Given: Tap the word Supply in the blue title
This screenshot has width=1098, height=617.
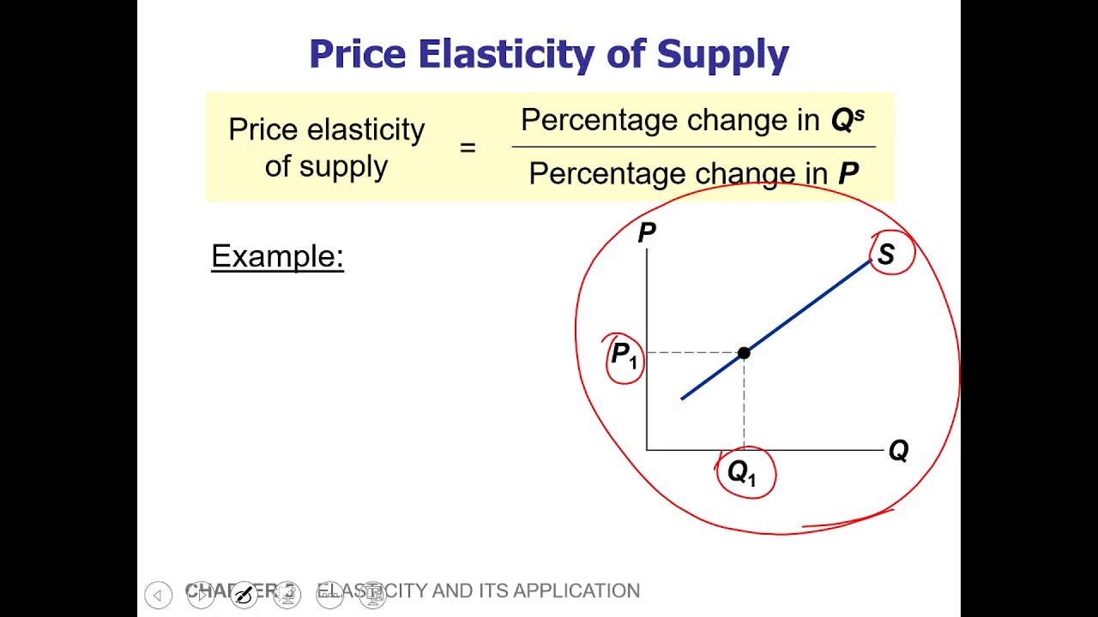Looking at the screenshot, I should pyautogui.click(x=722, y=55).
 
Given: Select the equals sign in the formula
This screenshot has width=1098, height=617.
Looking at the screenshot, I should pyautogui.click(x=468, y=147).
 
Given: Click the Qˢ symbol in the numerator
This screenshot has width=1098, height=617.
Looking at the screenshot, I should pyautogui.click(x=847, y=120).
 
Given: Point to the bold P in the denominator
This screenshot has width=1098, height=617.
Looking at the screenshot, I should pyautogui.click(x=848, y=174).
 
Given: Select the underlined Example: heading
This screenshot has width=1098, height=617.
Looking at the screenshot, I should pyautogui.click(x=277, y=256).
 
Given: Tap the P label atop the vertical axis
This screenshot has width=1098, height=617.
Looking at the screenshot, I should pyautogui.click(x=647, y=232).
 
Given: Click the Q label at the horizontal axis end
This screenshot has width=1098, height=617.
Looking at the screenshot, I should pyautogui.click(x=898, y=451).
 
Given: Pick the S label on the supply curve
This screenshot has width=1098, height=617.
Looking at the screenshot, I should pyautogui.click(x=886, y=255).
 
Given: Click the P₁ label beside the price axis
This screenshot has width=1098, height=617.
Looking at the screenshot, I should pyautogui.click(x=624, y=356).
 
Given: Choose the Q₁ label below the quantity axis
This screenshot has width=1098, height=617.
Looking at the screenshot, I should pyautogui.click(x=742, y=472).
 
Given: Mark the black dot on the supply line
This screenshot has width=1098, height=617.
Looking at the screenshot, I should pyautogui.click(x=744, y=352).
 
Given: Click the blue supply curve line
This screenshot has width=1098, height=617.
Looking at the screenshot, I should pyautogui.click(x=806, y=307).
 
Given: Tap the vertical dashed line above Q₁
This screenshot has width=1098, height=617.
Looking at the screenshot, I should pyautogui.click(x=744, y=403).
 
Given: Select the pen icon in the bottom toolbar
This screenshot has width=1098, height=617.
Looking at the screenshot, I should pyautogui.click(x=244, y=594).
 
